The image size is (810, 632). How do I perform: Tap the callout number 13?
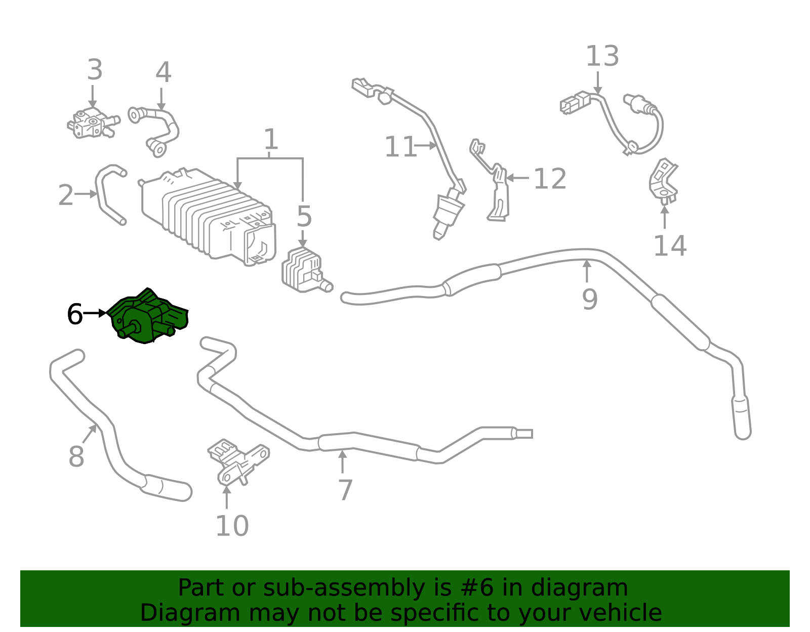coord(602,56)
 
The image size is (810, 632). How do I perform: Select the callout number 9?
coord(590,299)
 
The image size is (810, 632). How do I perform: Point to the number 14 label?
coord(670,246)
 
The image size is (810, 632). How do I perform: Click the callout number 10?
coord(232,526)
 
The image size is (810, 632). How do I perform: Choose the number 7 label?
coord(345,490)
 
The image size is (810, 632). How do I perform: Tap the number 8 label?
coord(76,456)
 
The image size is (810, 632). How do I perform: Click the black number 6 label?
coord(74,314)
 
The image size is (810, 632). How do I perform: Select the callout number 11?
coord(400,147)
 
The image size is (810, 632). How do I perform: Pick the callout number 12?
coord(550,179)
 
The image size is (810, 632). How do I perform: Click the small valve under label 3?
coord(94,122)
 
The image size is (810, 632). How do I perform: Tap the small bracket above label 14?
coord(664,182)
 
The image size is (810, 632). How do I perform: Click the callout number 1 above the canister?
coord(271,139)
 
